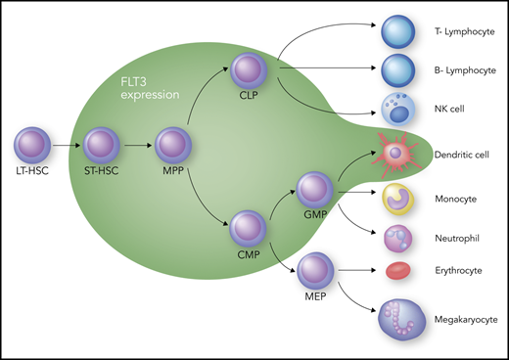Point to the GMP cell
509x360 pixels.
click(315, 188)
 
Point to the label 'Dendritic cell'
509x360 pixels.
click(461, 155)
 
